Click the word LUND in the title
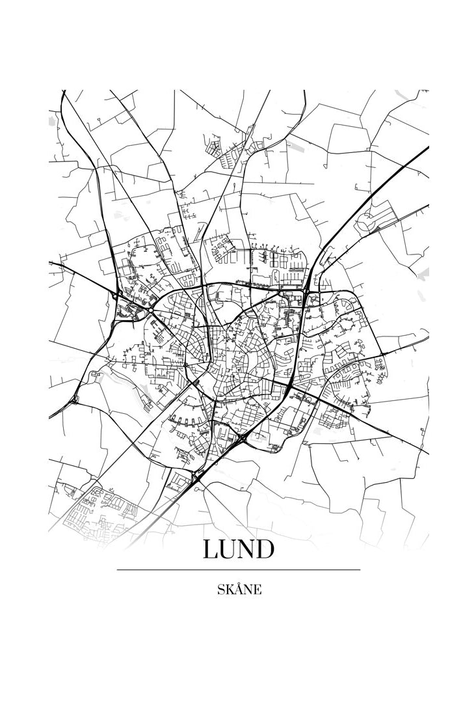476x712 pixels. [x=238, y=549]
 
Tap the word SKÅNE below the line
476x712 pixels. [x=239, y=590]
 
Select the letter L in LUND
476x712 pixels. [x=210, y=549]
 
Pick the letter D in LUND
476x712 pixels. [x=263, y=549]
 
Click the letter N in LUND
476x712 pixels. [x=245, y=549]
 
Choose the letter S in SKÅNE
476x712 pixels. [x=220, y=590]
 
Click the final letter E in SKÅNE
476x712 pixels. [x=258, y=590]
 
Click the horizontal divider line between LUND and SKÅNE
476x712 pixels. [x=238, y=569]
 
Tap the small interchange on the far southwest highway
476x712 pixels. [x=73, y=398]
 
